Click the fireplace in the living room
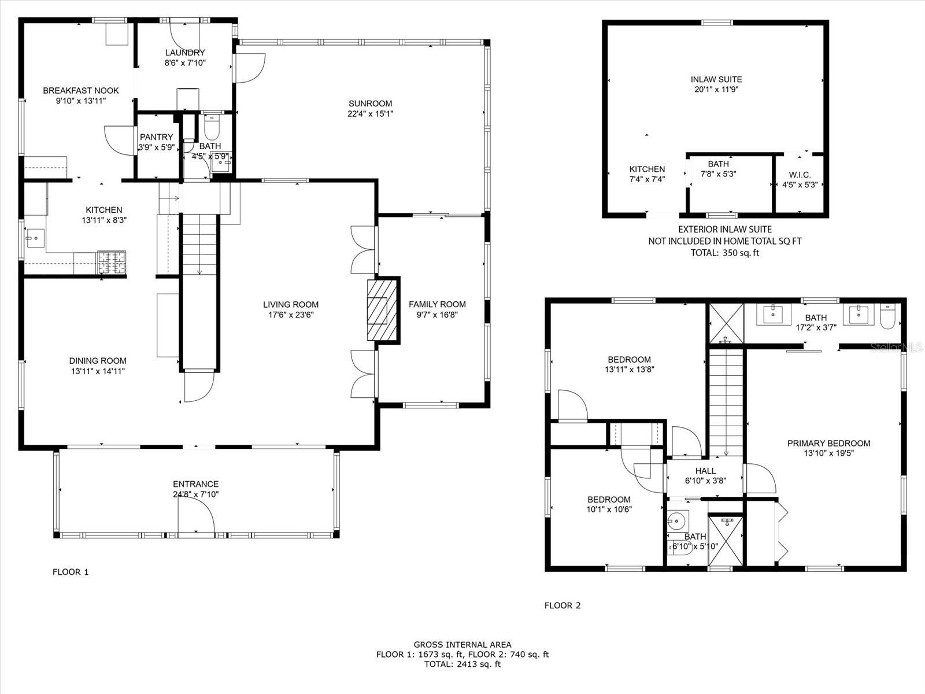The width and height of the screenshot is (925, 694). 382,310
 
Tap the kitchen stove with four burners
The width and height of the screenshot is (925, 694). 112,262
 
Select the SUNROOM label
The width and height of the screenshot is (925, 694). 370,104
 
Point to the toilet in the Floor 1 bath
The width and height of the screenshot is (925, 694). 211,127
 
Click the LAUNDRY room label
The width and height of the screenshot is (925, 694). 185,53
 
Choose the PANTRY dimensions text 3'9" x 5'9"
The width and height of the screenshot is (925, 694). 156,147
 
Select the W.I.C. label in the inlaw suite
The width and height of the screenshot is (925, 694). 800,175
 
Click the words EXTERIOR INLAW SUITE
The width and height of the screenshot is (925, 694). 725,229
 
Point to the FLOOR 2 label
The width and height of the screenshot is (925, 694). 562,606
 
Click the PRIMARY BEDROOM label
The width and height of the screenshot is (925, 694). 828,443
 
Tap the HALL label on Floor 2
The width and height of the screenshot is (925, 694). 705,471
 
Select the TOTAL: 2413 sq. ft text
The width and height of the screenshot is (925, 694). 462,665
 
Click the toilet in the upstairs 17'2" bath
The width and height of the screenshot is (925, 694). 887,316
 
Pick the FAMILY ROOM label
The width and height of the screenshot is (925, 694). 437,304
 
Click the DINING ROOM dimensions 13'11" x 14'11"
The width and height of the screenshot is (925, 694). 98,371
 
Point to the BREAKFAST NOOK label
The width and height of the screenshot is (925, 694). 81,91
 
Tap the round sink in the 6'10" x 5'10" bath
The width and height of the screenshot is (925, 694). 678,521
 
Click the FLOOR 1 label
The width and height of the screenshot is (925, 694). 71,572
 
